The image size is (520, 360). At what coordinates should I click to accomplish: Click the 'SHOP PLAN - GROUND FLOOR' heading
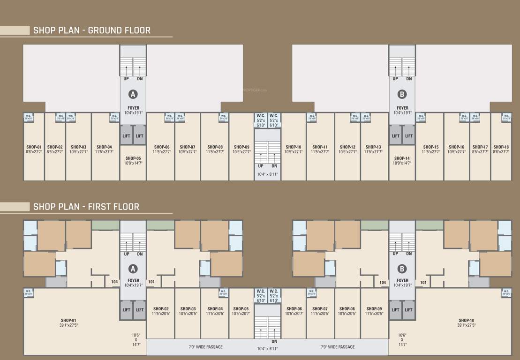pos(92,30)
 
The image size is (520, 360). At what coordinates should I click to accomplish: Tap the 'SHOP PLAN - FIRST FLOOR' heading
pos(86,207)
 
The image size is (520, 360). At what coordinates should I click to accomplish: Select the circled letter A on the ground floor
pos(133,94)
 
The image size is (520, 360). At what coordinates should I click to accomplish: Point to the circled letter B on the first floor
pos(402,269)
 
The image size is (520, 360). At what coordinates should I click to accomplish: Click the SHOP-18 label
pos(501,147)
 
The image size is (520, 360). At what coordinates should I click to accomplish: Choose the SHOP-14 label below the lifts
pos(402,158)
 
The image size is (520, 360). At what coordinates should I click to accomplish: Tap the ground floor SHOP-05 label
pos(133,158)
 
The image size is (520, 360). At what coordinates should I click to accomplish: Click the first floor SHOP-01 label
pos(68,321)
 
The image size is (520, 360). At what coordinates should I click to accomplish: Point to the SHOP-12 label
pos(347,147)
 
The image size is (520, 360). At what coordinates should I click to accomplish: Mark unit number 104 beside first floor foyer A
pos(114,282)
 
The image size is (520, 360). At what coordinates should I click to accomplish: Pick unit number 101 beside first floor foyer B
pos(423,282)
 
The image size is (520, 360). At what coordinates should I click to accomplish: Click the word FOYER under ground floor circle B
pos(402,108)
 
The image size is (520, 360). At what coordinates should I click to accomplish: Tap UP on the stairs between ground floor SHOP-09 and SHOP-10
pos(261,166)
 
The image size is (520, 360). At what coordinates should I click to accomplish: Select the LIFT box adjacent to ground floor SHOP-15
pos(409,136)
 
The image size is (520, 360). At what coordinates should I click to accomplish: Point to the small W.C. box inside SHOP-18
pos(506,117)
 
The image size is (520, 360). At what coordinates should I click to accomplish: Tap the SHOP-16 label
pos(456,147)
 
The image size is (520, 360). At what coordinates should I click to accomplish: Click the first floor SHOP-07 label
pos(320,309)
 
